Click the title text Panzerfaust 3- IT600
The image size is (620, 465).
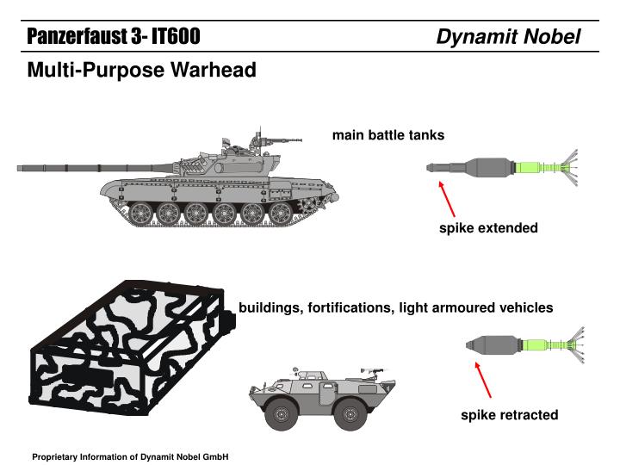(x=113, y=36)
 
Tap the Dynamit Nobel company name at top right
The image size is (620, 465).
(x=508, y=36)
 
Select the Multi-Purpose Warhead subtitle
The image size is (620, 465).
(x=141, y=70)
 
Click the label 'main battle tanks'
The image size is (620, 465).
(x=388, y=135)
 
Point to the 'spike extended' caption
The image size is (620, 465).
(x=488, y=228)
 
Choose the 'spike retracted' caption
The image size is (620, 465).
(x=509, y=415)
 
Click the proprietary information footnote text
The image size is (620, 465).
(x=129, y=456)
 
